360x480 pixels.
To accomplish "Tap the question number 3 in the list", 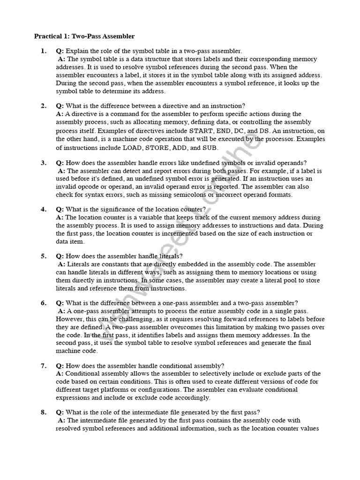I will [x=43, y=163].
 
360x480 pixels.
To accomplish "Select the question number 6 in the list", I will [x=43, y=303].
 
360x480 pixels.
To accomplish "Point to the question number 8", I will [x=43, y=412].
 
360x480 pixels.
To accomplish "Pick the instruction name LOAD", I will [x=132, y=148].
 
